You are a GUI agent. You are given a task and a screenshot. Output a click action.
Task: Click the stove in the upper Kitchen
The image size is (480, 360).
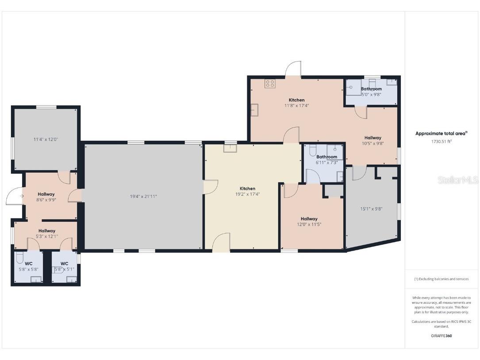click(x=270, y=84)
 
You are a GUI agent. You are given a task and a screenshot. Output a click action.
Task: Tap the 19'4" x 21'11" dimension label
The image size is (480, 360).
click(x=143, y=197)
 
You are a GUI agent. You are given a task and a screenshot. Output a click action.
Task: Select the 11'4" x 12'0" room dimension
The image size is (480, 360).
click(x=46, y=139)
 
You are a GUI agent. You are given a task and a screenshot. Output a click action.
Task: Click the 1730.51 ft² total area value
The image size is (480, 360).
click(x=442, y=142)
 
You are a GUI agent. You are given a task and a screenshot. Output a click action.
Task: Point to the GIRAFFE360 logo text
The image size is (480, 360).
click(x=442, y=336)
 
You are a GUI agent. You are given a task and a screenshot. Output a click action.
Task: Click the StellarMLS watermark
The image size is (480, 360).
click(x=457, y=180)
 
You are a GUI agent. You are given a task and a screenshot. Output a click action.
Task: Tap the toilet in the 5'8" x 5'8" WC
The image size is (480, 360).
click(x=19, y=258)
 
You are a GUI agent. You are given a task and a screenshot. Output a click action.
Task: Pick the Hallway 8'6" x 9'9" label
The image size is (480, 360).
click(x=46, y=197)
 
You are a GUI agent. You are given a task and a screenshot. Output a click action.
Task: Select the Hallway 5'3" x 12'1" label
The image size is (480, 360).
click(x=47, y=233)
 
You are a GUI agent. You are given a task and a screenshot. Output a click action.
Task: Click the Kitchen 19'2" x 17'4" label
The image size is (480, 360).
click(x=247, y=191)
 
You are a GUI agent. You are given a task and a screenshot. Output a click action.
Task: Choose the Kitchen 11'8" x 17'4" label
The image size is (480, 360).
click(x=297, y=103)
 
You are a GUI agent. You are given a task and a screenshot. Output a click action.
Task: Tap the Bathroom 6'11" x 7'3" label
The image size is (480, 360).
click(x=326, y=159)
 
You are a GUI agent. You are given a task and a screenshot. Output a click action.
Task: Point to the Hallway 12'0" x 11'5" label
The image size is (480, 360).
click(x=309, y=221)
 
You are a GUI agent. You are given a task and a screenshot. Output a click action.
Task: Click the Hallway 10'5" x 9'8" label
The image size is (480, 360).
click(x=373, y=140)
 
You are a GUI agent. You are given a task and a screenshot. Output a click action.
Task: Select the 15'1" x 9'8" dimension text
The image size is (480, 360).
click(x=371, y=209)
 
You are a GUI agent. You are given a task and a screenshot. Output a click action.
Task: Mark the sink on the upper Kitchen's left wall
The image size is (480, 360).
click(x=255, y=110)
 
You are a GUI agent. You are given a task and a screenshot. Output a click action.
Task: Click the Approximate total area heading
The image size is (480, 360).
click(x=442, y=133)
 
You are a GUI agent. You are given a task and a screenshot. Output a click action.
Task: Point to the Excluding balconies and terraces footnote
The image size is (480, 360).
click(x=442, y=279)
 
